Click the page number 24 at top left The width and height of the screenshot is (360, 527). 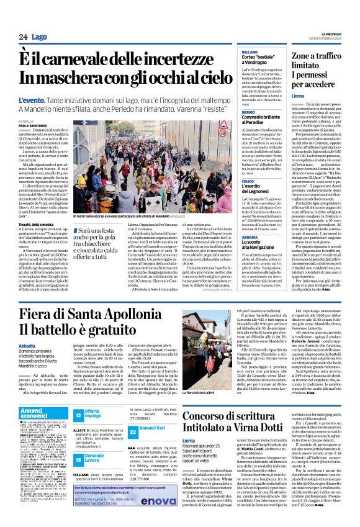tap(22, 38)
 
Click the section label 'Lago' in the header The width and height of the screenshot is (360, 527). tap(39, 38)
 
